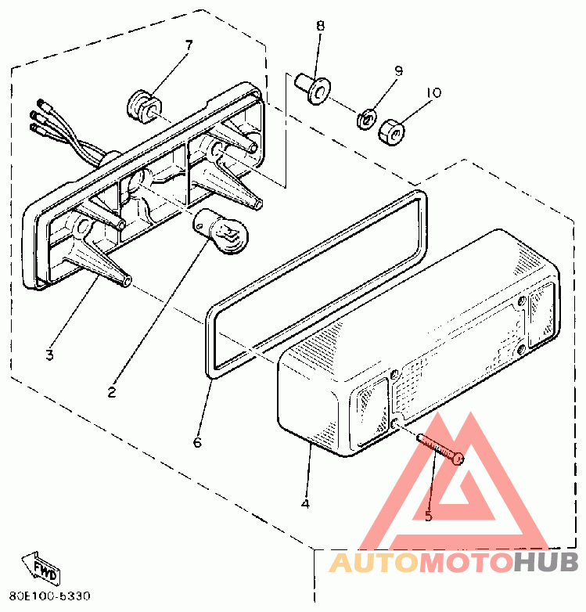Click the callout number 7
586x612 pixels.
tap(189, 45)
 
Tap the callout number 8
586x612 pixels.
tap(320, 25)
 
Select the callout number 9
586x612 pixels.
tap(397, 71)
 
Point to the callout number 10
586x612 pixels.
tap(433, 92)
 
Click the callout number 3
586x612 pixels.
tap(49, 355)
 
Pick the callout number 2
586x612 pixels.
tap(112, 392)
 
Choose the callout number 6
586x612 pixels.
tap(196, 443)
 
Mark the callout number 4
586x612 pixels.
tap(305, 503)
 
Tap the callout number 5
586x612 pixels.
tap(428, 515)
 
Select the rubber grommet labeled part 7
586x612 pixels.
tap(142, 105)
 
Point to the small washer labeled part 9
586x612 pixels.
tap(365, 120)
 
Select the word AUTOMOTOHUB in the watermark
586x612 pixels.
tap(453, 562)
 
